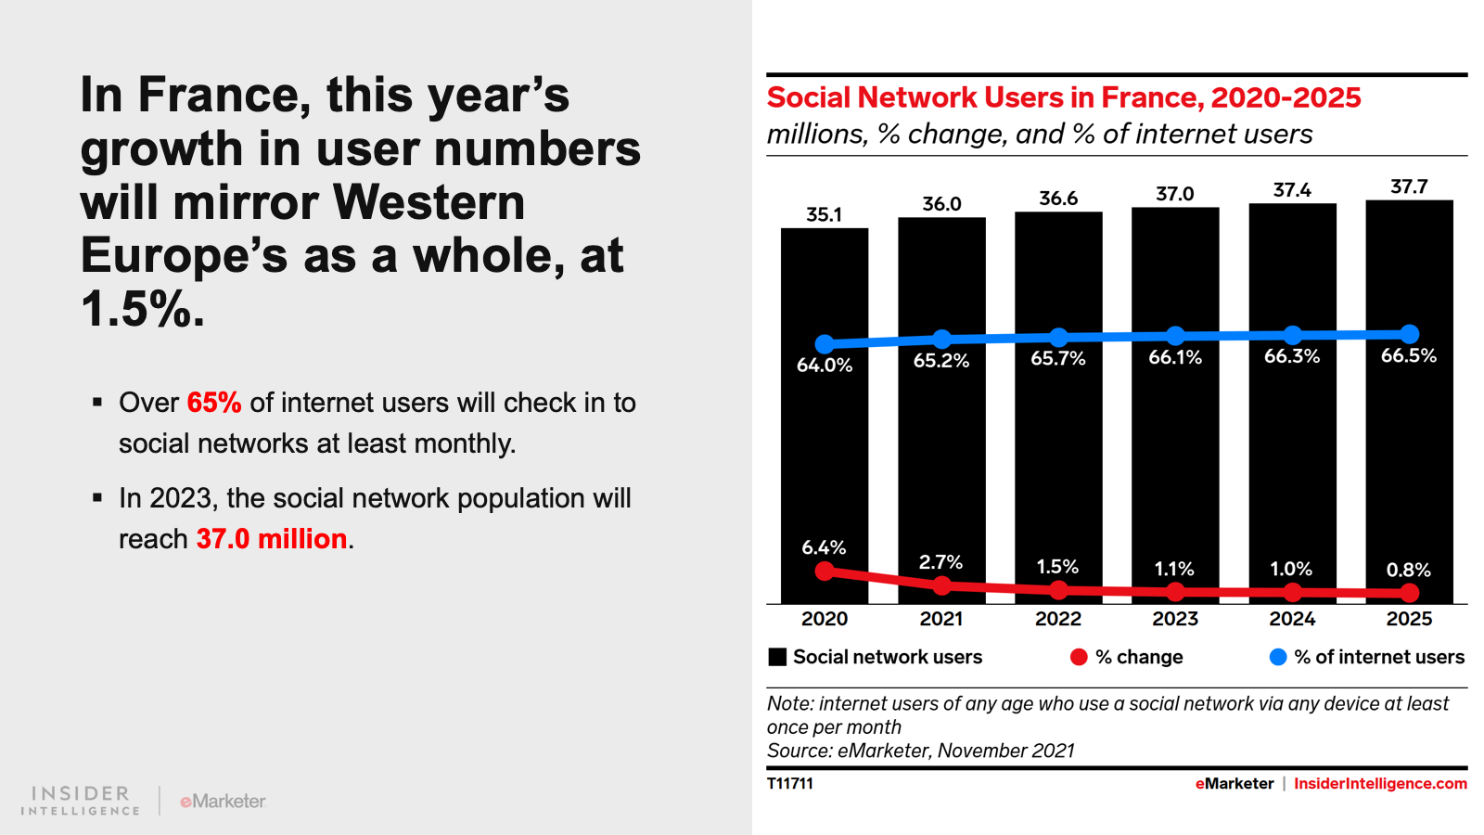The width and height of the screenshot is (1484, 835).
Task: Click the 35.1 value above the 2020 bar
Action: tap(824, 214)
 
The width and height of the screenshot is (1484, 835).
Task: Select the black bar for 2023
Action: tap(1175, 445)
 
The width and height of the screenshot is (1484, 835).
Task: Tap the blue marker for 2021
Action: tap(941, 339)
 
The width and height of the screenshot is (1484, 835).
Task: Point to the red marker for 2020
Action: tap(825, 571)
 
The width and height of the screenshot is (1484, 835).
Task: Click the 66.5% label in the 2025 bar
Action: tap(1408, 355)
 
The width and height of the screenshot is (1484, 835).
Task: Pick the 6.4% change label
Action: tap(824, 547)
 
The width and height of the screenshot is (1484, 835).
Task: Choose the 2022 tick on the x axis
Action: tap(1058, 619)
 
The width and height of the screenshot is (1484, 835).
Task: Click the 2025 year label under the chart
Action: tap(1409, 619)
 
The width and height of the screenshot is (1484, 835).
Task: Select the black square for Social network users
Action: tap(777, 657)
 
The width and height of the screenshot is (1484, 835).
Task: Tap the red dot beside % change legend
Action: tap(1079, 657)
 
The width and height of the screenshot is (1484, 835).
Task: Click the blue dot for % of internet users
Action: tap(1278, 657)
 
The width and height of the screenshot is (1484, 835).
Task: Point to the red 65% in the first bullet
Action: tap(214, 403)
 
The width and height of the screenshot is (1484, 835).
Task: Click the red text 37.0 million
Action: tap(272, 539)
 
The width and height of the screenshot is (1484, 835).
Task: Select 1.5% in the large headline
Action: tap(142, 309)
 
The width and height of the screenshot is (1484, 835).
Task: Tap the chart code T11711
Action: tap(790, 784)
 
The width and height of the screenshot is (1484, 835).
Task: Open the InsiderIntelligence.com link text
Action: tap(1380, 784)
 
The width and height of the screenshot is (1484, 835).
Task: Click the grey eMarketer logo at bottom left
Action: tap(224, 801)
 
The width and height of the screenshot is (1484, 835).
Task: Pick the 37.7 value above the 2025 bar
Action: tap(1409, 186)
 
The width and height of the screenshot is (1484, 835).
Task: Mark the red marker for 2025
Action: tap(1410, 592)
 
